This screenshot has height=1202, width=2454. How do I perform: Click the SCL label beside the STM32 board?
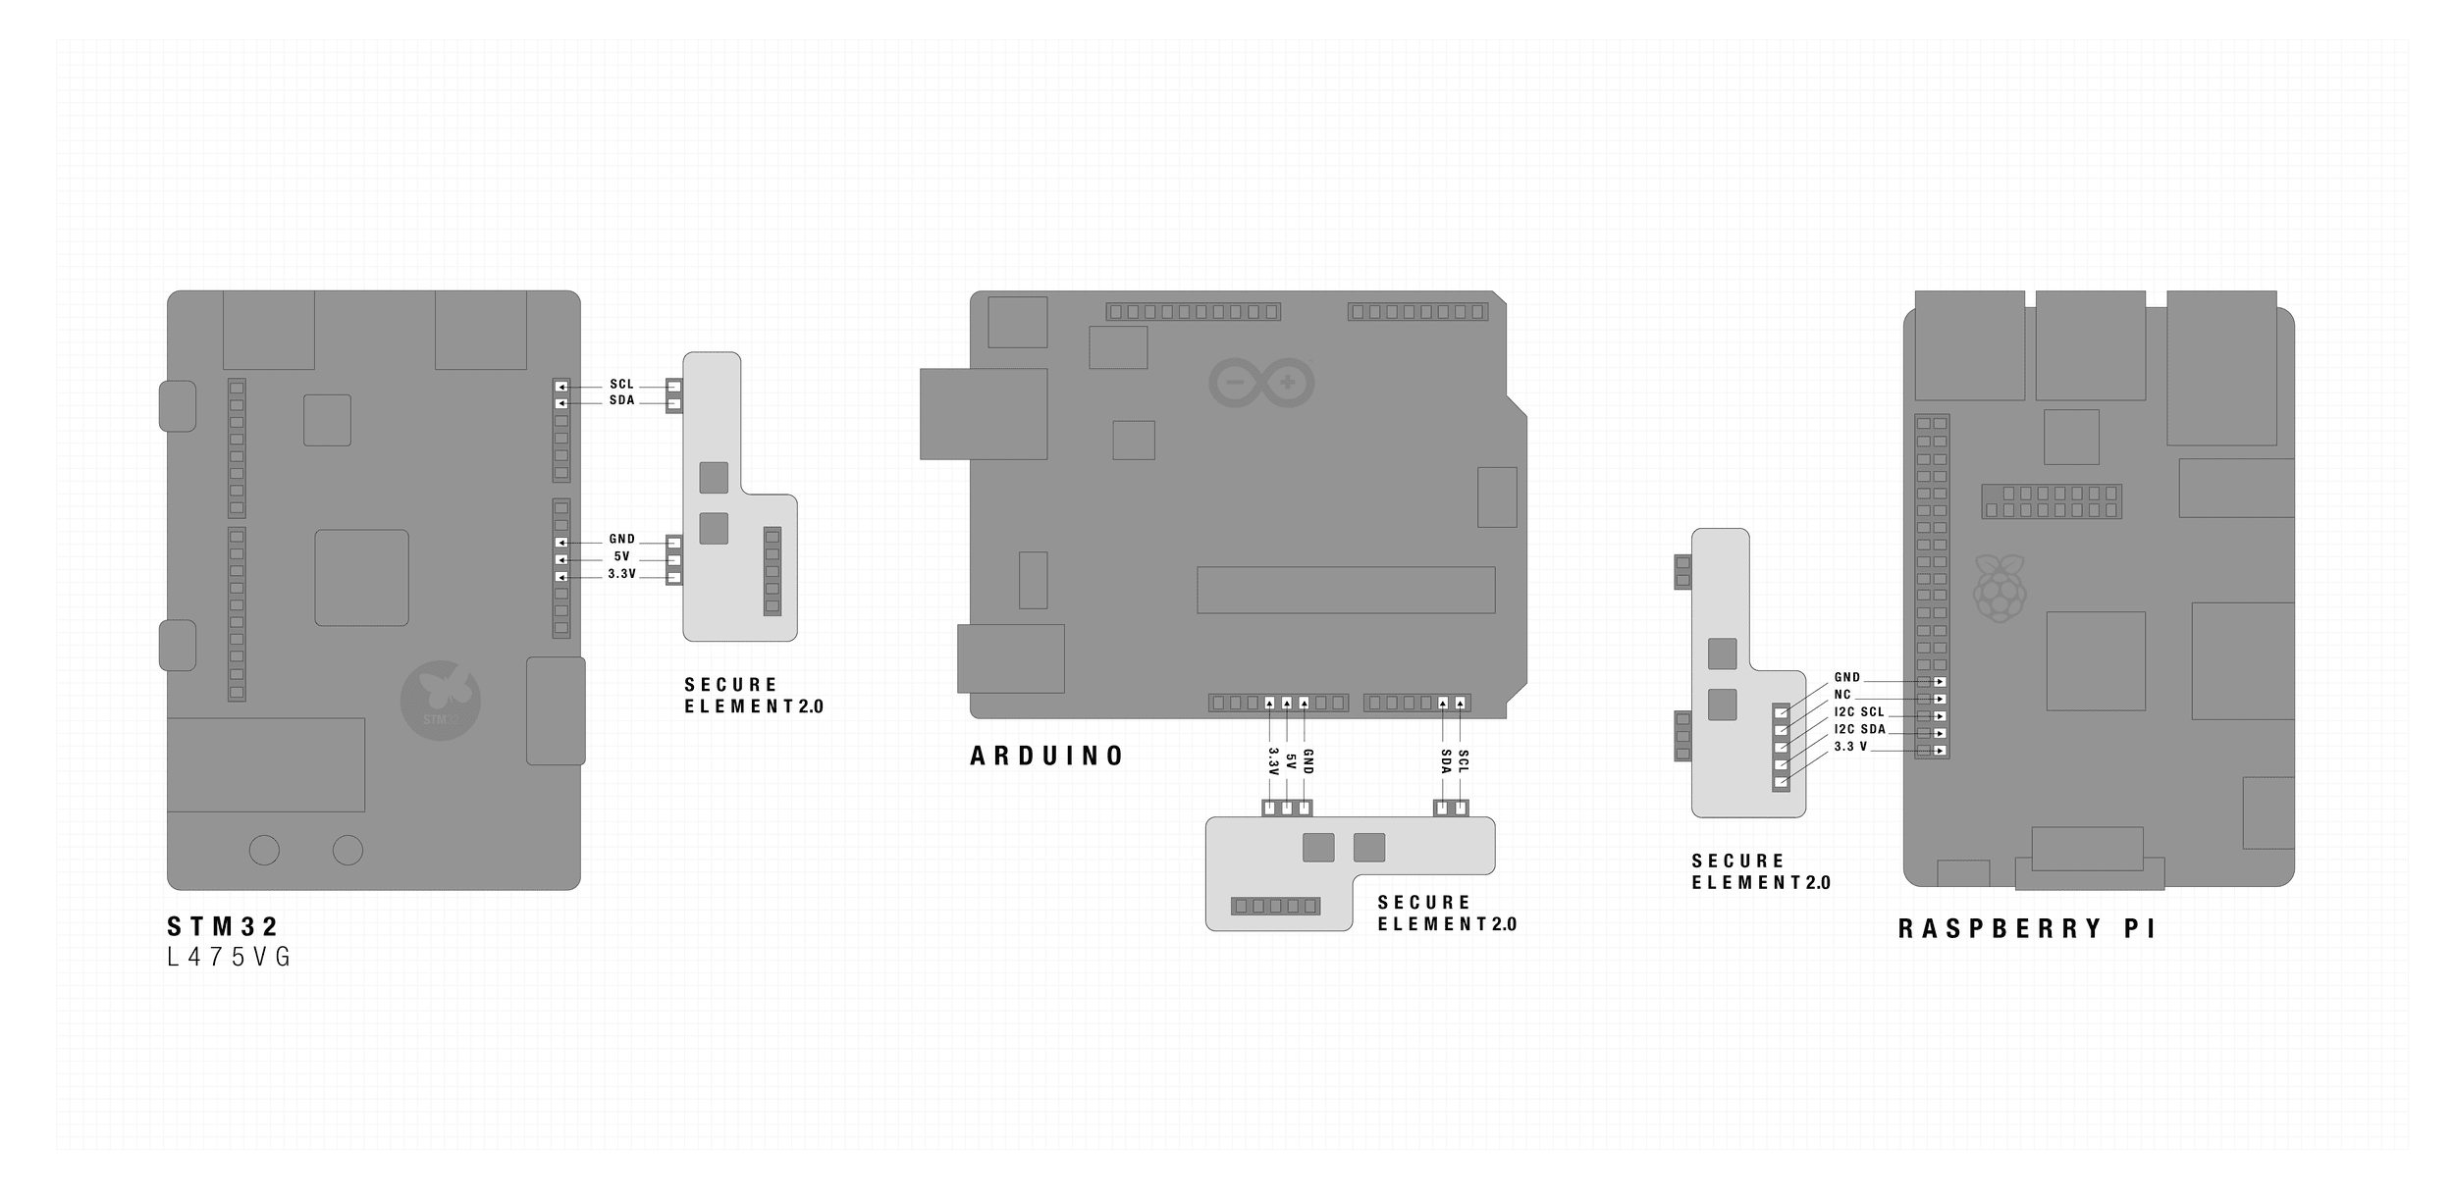point(621,385)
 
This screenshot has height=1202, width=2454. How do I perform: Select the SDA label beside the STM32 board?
point(621,401)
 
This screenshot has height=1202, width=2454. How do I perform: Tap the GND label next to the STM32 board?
point(621,540)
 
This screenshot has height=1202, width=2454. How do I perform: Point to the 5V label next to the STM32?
point(621,557)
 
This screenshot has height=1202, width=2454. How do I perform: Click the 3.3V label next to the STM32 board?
point(621,574)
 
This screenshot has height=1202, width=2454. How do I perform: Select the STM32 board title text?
point(224,926)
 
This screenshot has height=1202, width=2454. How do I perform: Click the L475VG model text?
point(230,958)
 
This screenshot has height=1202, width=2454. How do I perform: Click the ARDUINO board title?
point(1047,756)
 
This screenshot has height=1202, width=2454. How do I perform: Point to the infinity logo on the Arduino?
point(1261,383)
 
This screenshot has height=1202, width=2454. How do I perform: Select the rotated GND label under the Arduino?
point(1307,763)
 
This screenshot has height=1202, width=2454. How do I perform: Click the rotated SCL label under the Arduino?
point(1463,760)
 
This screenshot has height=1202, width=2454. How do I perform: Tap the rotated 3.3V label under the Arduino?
point(1272,762)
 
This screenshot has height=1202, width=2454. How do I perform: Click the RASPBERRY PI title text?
point(2026,929)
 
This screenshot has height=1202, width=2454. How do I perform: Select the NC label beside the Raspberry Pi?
point(1842,695)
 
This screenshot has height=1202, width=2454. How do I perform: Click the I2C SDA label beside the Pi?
point(1859,730)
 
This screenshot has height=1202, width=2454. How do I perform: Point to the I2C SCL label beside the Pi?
point(1859,712)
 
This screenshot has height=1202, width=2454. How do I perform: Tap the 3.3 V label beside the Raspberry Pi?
point(1850,748)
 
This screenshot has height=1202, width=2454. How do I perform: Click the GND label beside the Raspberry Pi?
point(1846,678)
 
